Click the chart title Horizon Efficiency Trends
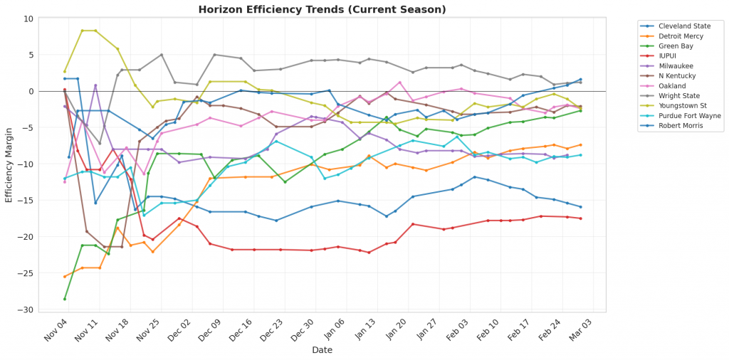322,9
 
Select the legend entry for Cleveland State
683,25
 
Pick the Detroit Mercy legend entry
681,35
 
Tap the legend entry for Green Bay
676,45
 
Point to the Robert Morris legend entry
681,125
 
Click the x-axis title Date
322,350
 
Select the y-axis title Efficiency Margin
9,164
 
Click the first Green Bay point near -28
65,299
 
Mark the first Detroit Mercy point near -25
65,277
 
